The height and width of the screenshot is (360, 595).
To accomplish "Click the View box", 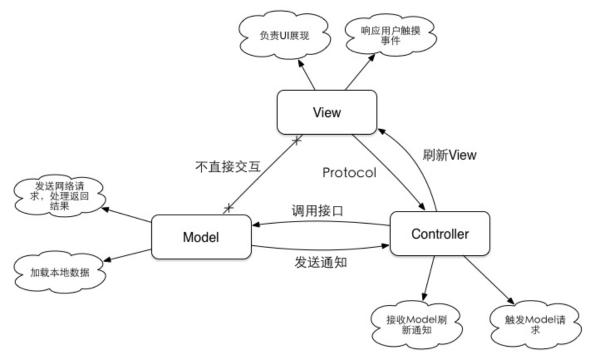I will [x=326, y=112].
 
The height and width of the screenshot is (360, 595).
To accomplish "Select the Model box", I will [x=201, y=237].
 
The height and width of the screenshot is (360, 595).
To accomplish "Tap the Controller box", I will [x=439, y=232].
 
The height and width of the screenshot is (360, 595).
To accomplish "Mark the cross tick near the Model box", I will [x=229, y=206].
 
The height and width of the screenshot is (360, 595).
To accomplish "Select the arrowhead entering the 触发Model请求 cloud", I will [x=511, y=301].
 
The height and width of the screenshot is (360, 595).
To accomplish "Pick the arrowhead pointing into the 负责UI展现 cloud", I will [x=300, y=64].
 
